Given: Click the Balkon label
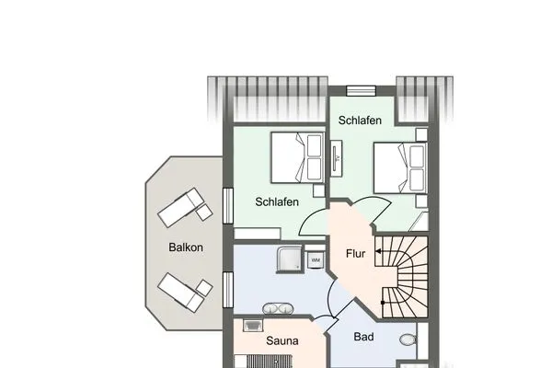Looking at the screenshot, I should pyautogui.click(x=185, y=247).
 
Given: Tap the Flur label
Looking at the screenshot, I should pyautogui.click(x=357, y=253).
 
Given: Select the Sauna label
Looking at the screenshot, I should pyautogui.click(x=282, y=340).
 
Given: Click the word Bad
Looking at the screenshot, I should pyautogui.click(x=364, y=338).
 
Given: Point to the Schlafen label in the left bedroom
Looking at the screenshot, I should pyautogui.click(x=277, y=201).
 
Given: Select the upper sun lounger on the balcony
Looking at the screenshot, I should pyautogui.click(x=184, y=207).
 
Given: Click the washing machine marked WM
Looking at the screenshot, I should pyautogui.click(x=316, y=260).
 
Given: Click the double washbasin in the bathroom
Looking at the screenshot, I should pyautogui.click(x=278, y=309).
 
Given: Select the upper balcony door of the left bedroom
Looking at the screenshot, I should pyautogui.click(x=226, y=203).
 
